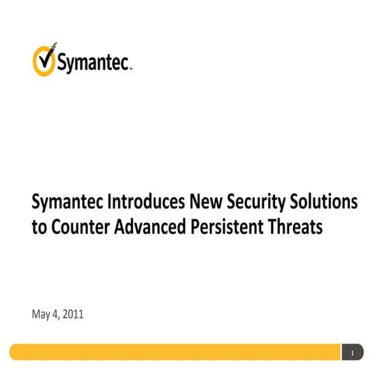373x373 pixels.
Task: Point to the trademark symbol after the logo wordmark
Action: (x=131, y=68)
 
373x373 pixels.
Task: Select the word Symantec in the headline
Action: (x=69, y=204)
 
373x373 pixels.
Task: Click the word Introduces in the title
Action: (x=148, y=204)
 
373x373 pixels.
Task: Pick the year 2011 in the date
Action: (x=74, y=315)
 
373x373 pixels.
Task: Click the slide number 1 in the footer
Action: (x=353, y=353)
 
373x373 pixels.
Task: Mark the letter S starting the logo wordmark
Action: (x=61, y=64)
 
